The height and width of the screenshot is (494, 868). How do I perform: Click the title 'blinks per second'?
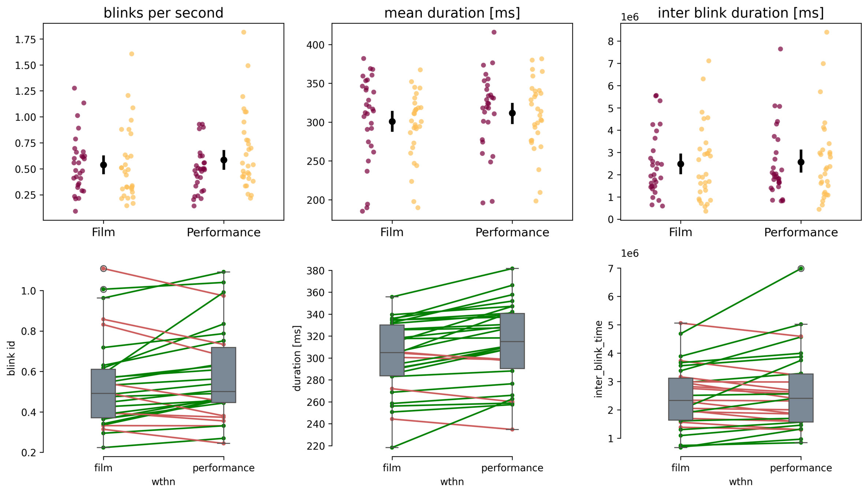coord(163,13)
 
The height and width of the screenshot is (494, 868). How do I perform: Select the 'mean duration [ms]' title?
coord(452,13)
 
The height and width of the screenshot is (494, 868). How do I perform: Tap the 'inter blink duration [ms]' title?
coord(741,13)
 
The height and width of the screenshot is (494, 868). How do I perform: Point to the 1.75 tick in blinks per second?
coord(26,40)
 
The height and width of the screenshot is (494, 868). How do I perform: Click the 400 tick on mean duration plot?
coord(316,45)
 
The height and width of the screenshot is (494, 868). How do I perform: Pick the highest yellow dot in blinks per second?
coord(244,32)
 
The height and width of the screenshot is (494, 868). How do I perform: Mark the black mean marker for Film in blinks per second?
coord(104,165)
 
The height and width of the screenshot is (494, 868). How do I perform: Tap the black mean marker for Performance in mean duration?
coord(512,113)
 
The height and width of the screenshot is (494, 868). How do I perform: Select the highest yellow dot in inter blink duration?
coord(827,32)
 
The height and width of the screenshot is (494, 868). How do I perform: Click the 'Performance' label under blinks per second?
coord(224,232)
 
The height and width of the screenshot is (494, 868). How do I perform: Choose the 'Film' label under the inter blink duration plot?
coord(681,232)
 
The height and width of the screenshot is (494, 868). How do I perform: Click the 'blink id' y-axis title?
coord(11,358)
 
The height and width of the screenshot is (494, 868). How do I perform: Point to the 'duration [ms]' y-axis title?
coord(297,358)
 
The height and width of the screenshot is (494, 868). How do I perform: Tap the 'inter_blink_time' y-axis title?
coord(599,359)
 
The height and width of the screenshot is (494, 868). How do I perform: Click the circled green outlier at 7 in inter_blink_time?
coord(801,269)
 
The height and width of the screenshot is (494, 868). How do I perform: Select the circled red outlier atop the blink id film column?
coord(104,269)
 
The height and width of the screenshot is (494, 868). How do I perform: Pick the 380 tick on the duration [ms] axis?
coord(316,271)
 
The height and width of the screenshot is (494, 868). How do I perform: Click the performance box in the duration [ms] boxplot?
coord(512,341)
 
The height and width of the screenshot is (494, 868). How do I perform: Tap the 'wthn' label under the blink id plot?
coord(163,482)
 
